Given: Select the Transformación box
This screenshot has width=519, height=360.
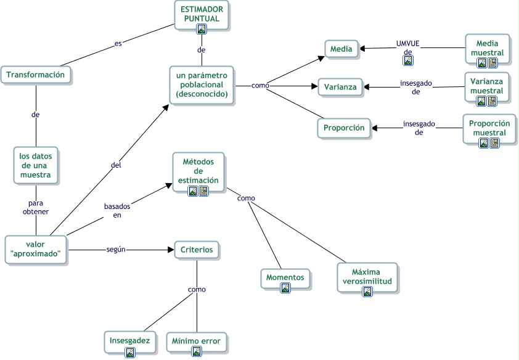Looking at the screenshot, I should click(36, 75).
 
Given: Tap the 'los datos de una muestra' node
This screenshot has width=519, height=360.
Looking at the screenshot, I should click(36, 165).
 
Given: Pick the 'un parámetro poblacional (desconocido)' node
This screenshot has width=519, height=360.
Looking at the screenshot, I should click(202, 85).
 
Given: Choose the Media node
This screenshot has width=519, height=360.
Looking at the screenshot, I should click(341, 49).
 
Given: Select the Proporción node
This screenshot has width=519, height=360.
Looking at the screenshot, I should click(344, 128).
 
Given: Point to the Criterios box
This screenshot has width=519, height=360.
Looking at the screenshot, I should click(197, 250).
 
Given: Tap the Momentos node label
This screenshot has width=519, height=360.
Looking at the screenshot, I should click(285, 277).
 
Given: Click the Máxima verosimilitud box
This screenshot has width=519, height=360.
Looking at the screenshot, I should click(367, 276).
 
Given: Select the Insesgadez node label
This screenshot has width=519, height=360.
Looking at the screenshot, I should click(129, 341).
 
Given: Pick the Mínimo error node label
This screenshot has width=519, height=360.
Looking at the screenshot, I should click(196, 341).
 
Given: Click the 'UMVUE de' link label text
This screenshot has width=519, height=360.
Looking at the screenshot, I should click(407, 47).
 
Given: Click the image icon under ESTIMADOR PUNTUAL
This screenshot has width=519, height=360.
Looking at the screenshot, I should click(201, 28).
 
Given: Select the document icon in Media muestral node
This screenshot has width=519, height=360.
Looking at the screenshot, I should click(492, 62).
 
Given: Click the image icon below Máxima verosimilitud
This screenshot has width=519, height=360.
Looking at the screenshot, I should click(367, 292).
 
